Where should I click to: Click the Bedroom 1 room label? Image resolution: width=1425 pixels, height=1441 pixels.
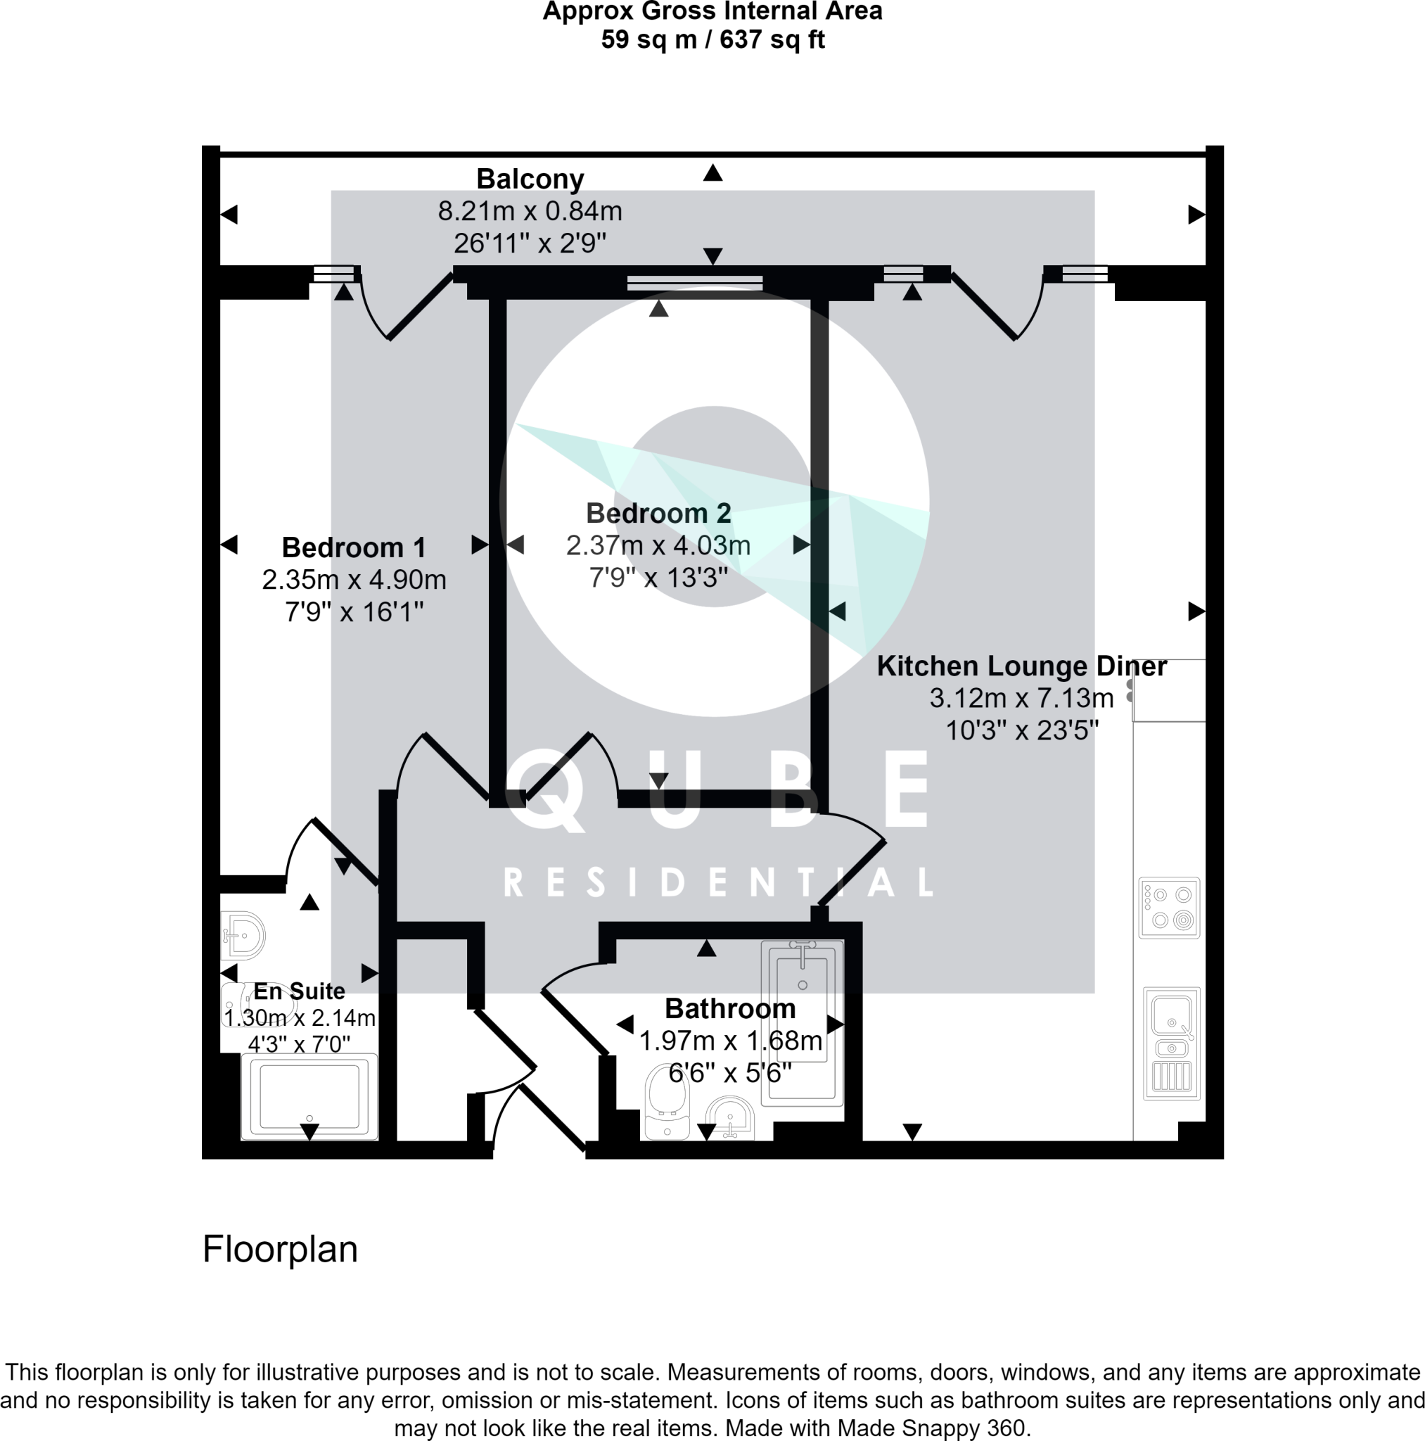(354, 547)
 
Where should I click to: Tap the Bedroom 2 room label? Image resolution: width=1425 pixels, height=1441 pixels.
(658, 513)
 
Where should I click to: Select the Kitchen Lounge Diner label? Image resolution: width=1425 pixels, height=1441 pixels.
(1021, 666)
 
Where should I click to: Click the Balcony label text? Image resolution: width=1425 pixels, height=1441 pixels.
(530, 179)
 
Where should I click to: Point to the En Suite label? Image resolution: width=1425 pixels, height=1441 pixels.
(299, 991)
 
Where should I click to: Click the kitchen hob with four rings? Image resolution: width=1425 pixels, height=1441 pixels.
(1168, 908)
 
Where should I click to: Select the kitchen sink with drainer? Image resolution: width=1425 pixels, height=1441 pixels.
(1170, 1043)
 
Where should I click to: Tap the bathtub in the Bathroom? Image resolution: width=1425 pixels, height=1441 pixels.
(802, 1022)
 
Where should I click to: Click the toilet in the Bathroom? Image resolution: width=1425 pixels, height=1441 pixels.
(666, 1101)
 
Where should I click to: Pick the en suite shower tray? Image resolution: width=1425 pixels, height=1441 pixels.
(309, 1096)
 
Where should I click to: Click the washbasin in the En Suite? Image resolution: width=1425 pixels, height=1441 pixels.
(245, 935)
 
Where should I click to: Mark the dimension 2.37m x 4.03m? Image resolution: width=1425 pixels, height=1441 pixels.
(658, 545)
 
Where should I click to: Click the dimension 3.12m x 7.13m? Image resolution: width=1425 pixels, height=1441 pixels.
(1021, 698)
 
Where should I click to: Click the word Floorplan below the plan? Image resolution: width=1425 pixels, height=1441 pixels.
(280, 1250)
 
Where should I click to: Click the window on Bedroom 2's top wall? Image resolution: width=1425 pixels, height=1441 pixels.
(694, 283)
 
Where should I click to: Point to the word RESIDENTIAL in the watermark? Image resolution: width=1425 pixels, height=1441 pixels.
(718, 882)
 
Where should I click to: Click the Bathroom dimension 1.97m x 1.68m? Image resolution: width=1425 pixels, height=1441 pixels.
(730, 1041)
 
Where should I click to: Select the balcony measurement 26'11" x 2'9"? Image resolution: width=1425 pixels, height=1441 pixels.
(530, 243)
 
